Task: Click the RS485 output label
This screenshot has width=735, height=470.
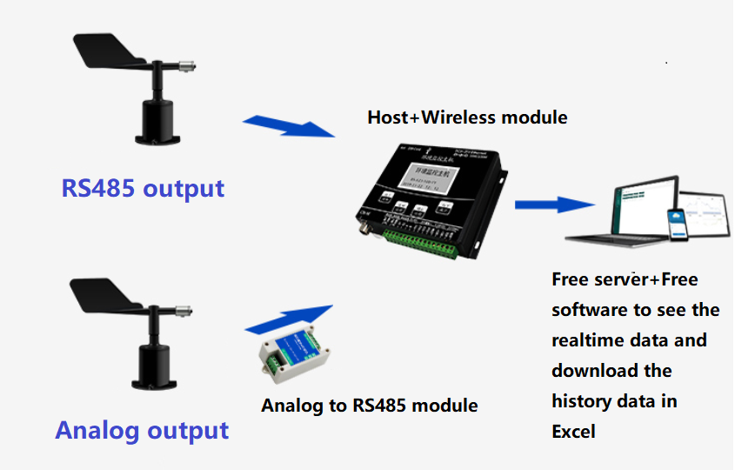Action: pos(143,188)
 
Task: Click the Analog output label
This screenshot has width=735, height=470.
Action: pos(142,430)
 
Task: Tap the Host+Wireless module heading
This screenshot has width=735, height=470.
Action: pos(467,117)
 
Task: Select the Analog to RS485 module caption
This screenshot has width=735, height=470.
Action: pos(370,405)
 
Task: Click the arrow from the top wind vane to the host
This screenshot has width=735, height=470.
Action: pos(287,126)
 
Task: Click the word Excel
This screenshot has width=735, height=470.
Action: pos(573,432)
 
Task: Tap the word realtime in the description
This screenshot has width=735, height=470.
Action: pos(591,340)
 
